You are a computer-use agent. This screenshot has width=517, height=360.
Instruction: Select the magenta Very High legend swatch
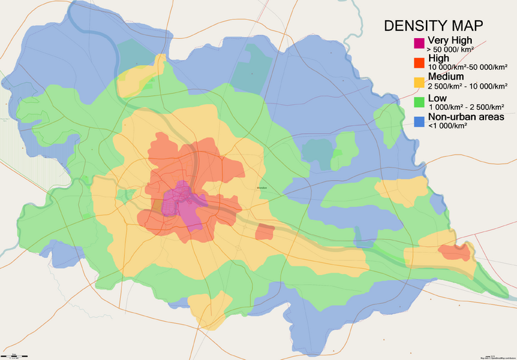coord(419,43)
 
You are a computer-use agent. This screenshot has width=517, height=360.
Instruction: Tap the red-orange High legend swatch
coord(419,62)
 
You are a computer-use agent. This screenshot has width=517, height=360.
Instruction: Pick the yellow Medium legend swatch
coord(419,81)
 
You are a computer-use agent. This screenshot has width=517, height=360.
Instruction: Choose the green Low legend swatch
coord(419,101)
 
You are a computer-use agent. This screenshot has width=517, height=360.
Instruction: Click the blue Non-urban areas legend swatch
coord(419,120)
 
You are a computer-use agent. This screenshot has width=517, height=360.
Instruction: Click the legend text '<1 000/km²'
coord(447,125)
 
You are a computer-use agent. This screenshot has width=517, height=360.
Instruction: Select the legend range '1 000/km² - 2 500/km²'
coord(466,106)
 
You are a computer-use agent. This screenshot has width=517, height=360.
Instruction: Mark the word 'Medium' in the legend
coord(446,76)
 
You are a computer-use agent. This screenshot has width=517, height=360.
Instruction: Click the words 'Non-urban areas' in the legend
coord(467,116)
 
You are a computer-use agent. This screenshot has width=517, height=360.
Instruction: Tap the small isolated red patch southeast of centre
coord(265,232)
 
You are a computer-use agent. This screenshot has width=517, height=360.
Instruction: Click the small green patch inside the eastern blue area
coord(337,153)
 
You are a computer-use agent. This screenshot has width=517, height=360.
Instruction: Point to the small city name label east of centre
coord(262,189)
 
